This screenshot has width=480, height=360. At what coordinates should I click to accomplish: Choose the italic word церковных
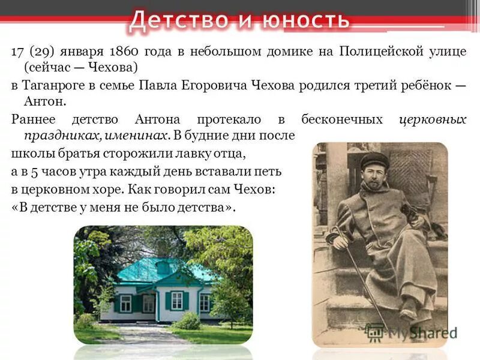click(433, 119)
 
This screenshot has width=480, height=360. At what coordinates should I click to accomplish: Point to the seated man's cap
click(373, 159)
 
